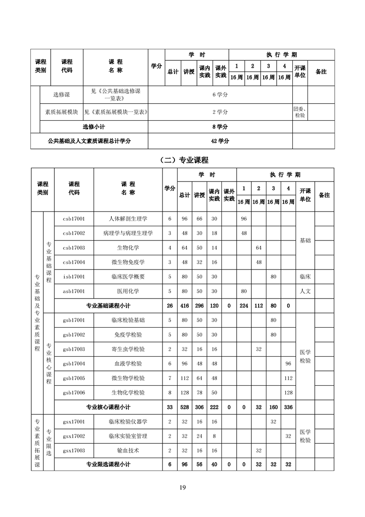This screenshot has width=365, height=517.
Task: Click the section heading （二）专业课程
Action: click(183, 160)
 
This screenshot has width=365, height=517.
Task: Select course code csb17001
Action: click(74, 219)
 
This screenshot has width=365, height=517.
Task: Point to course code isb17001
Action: click(74, 277)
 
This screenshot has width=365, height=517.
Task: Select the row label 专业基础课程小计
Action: click(109, 305)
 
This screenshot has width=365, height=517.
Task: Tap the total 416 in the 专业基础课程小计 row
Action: click(184, 305)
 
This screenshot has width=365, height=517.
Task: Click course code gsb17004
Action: click(74, 364)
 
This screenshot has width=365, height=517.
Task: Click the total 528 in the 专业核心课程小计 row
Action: click(184, 407)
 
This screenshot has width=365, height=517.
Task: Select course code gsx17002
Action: click(74, 436)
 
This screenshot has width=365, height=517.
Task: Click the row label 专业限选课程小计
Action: click(109, 464)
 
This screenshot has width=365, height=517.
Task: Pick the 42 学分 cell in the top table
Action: click(220, 141)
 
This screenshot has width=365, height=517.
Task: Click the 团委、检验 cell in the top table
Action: click(299, 112)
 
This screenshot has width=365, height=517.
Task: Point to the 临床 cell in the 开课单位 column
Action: click(305, 277)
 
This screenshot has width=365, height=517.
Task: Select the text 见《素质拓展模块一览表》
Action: click(116, 112)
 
